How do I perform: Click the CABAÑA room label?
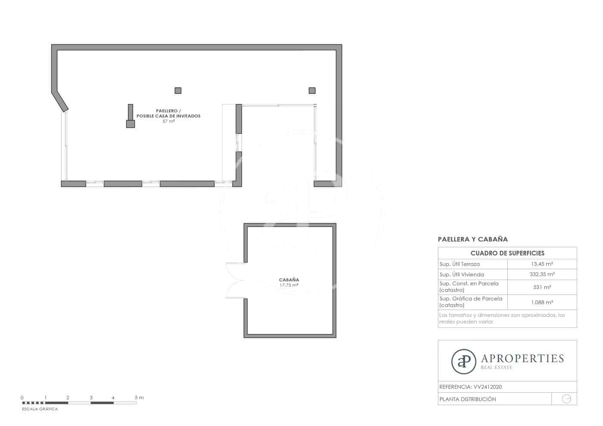pyautogui.click(x=289, y=280)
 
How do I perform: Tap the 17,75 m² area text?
pyautogui.click(x=289, y=285)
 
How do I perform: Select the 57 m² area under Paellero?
pyautogui.click(x=168, y=121)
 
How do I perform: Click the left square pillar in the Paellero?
pyautogui.click(x=178, y=90)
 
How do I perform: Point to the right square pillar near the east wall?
pyautogui.click(x=312, y=90)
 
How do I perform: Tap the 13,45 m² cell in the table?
pyautogui.click(x=542, y=264)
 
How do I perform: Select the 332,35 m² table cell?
pyautogui.click(x=542, y=274)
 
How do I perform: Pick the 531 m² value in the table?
pyautogui.click(x=542, y=287)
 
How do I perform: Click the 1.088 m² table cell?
pyautogui.click(x=542, y=302)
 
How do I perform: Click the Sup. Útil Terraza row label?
pyautogui.click(x=459, y=264)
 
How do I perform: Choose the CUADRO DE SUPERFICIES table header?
pyautogui.click(x=507, y=253)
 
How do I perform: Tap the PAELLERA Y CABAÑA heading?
pyautogui.click(x=472, y=239)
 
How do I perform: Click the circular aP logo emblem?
pyautogui.click(x=463, y=361)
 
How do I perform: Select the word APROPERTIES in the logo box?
pyautogui.click(x=522, y=358)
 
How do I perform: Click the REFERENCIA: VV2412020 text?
pyautogui.click(x=470, y=387)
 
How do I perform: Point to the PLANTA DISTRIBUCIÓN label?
pyautogui.click(x=467, y=399)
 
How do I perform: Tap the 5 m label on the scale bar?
pyautogui.click(x=139, y=398)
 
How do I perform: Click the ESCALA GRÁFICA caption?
pyautogui.click(x=40, y=409)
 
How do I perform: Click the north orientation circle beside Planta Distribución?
pyautogui.click(x=566, y=399)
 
